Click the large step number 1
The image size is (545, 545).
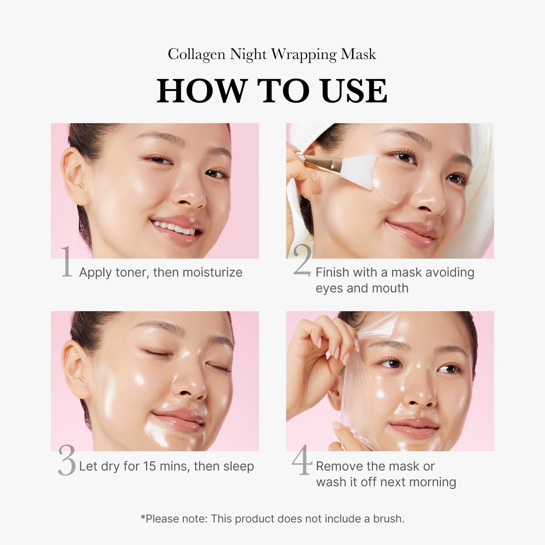pyautogui.click(x=67, y=263)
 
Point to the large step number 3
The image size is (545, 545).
pyautogui.click(x=67, y=461)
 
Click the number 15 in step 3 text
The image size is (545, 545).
pyautogui.click(x=149, y=466)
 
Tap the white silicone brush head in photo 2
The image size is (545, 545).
pyautogui.click(x=358, y=170)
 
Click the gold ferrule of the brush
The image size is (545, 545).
pyautogui.click(x=318, y=164)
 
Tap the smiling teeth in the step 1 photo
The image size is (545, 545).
pyautogui.click(x=172, y=228)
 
